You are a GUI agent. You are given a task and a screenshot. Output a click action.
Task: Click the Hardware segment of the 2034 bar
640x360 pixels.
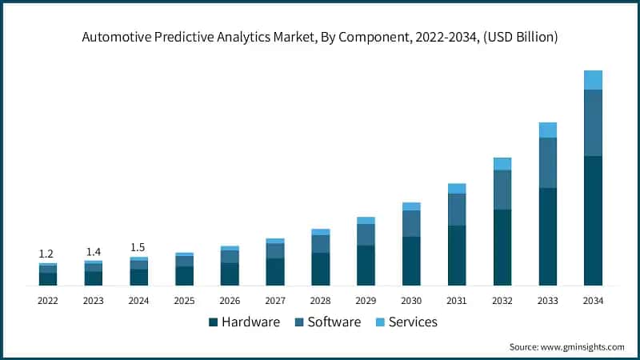point(593,221)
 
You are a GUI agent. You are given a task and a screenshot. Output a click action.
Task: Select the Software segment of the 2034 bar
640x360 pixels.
point(593,122)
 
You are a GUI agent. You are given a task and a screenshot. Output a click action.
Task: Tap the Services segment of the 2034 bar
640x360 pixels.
point(593,80)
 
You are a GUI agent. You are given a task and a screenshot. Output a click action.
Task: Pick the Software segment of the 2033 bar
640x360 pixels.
point(548,163)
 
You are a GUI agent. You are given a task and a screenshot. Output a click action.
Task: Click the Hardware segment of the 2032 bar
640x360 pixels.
point(502,247)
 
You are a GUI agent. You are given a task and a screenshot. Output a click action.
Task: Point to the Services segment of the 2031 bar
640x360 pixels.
point(457,189)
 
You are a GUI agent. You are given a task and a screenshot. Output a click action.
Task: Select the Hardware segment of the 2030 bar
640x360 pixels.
point(411,261)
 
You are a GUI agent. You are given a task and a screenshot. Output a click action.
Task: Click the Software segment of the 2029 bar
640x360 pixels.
point(366,234)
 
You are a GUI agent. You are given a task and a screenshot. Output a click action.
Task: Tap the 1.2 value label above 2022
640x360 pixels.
point(46,254)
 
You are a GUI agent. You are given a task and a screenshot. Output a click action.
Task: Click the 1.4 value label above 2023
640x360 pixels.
point(94,252)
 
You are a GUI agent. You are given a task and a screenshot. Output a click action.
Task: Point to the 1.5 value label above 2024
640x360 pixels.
point(138,247)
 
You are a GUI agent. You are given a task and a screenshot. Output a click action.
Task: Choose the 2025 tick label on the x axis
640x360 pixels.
point(184,301)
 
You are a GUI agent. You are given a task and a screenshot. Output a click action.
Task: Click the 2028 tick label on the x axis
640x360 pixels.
point(321,301)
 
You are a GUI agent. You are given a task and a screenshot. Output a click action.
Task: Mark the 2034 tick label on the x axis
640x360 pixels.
point(593,301)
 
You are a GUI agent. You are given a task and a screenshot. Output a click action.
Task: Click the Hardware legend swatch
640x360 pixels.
point(213,322)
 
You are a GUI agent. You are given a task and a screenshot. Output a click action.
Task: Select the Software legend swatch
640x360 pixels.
point(299,322)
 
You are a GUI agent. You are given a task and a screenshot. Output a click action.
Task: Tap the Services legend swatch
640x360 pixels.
point(380,322)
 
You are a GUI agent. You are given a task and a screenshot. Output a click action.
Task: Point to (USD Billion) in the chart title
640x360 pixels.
point(521,37)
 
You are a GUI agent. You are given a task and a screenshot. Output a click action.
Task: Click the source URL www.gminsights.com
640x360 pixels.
point(582,347)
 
